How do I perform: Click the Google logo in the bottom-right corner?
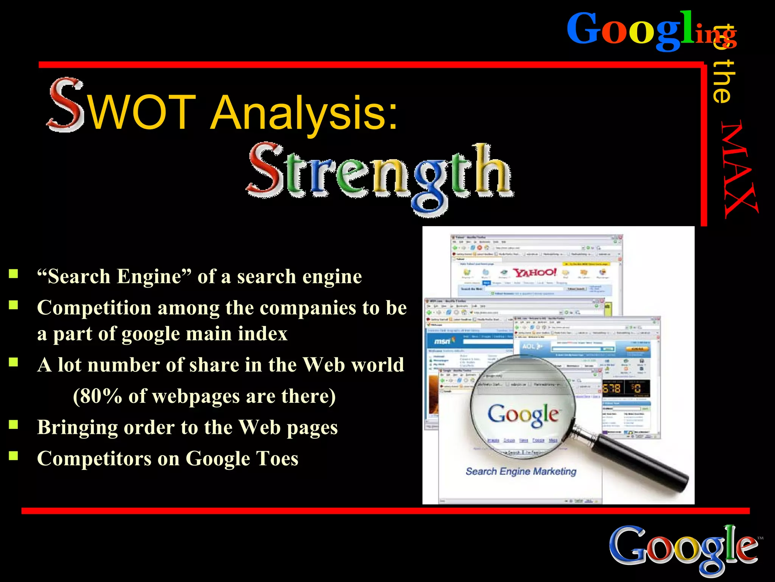click(x=683, y=547)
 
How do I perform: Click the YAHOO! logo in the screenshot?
click(x=534, y=272)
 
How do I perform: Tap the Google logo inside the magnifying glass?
click(x=523, y=415)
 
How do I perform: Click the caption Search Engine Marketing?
click(x=521, y=471)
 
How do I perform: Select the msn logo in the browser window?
click(x=442, y=341)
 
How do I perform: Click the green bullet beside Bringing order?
click(x=14, y=424)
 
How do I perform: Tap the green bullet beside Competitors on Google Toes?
click(x=14, y=455)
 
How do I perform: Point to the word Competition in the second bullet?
click(x=94, y=308)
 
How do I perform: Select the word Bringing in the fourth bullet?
click(x=77, y=427)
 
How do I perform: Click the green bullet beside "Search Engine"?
click(x=14, y=274)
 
